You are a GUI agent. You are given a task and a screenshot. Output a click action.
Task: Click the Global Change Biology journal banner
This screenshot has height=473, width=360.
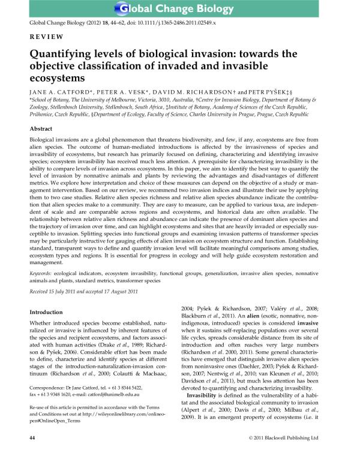180,9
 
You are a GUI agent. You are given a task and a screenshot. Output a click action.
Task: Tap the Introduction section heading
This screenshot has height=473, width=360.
46,312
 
